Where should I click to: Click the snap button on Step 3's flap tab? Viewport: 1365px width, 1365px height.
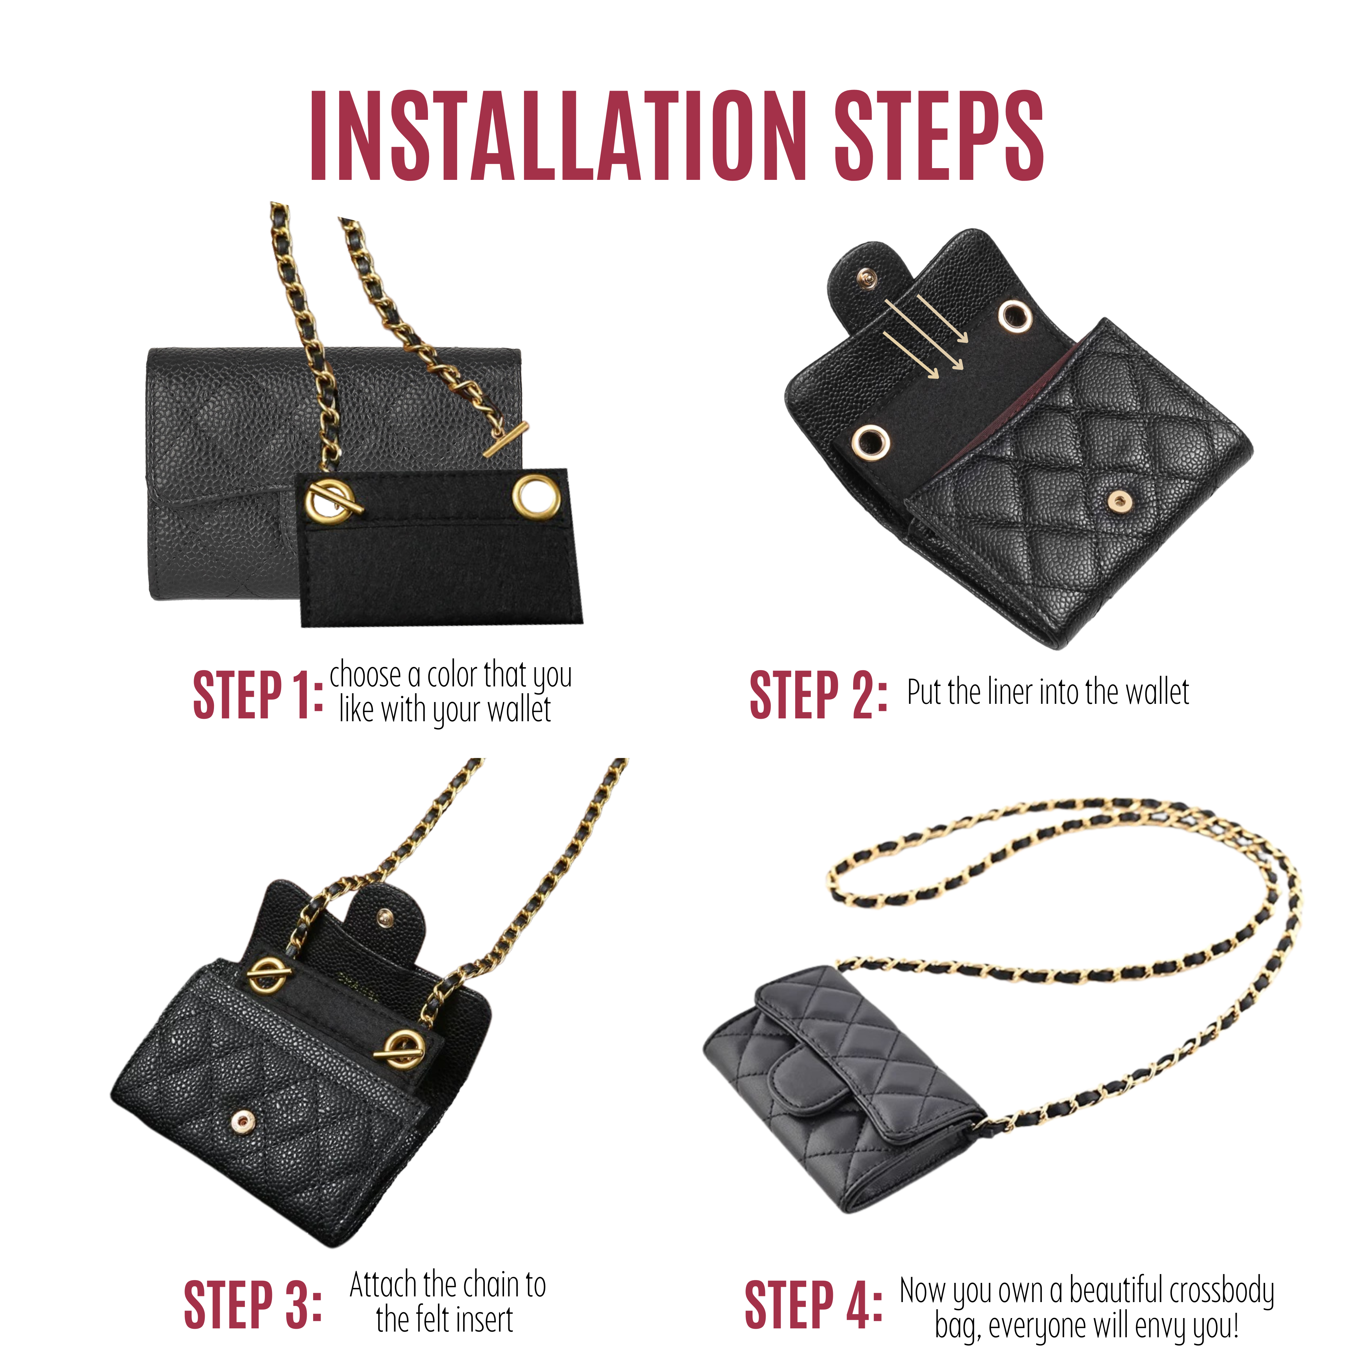tap(385, 917)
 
